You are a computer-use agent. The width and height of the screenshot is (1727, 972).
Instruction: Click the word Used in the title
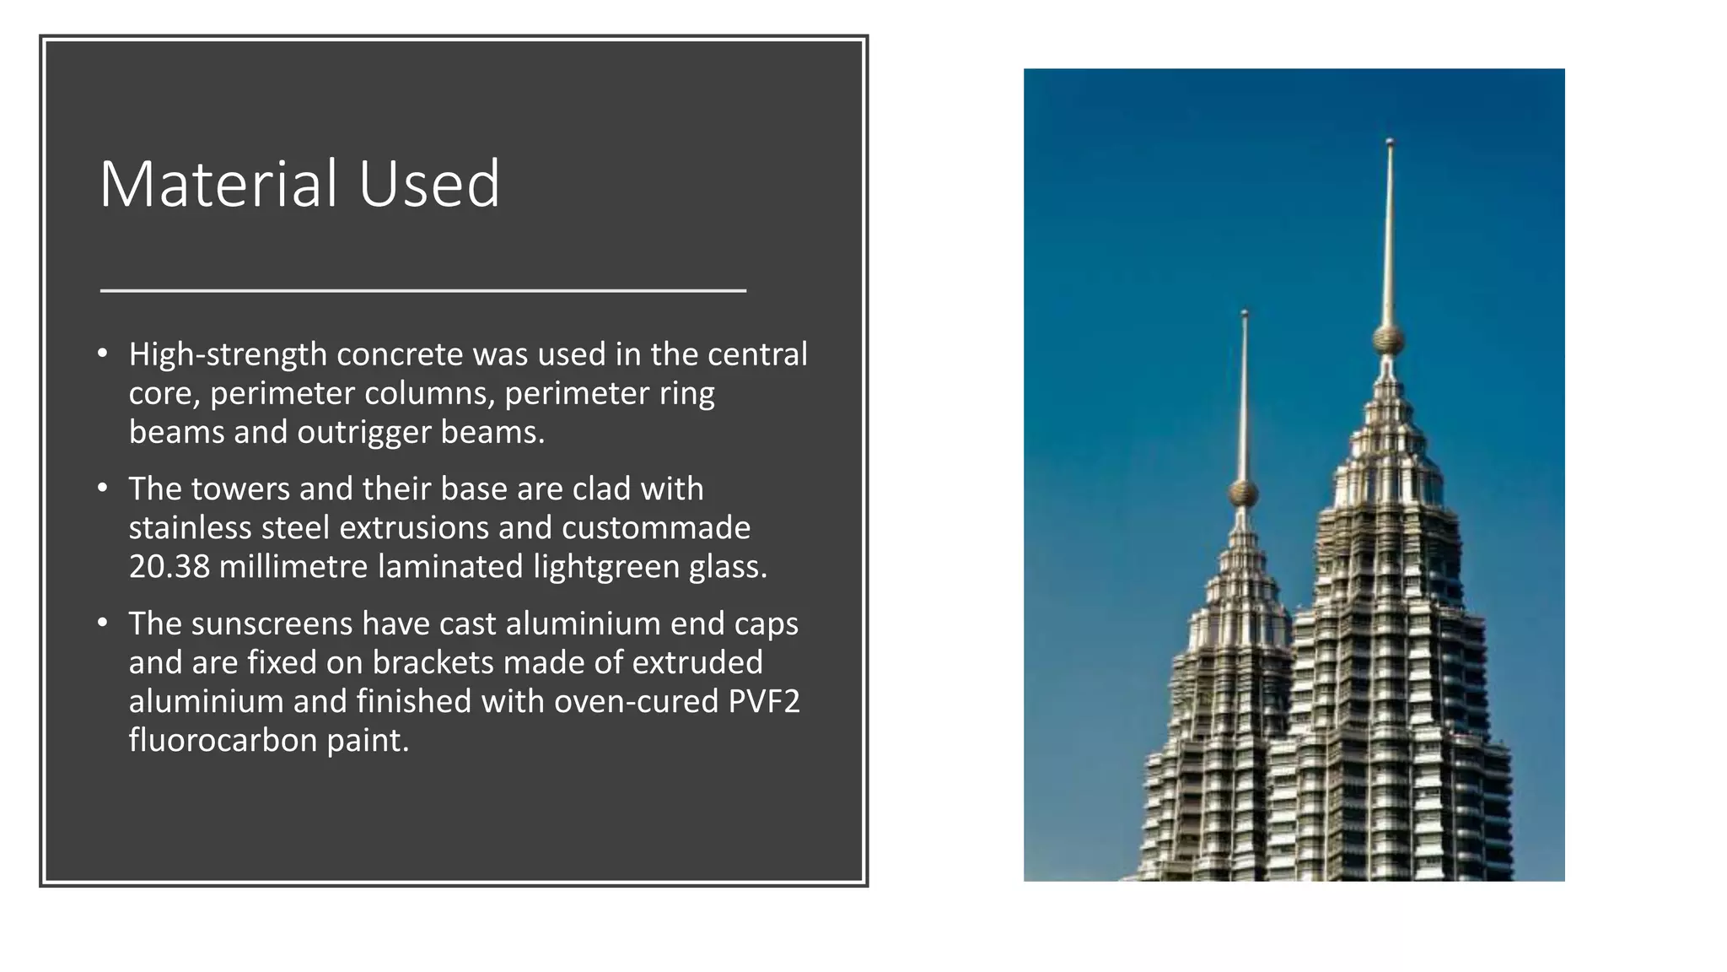pyautogui.click(x=429, y=184)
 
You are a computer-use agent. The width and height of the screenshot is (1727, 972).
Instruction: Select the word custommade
pyautogui.click(x=656, y=527)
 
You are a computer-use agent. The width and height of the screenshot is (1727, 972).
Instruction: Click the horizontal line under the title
pyautogui.click(x=423, y=290)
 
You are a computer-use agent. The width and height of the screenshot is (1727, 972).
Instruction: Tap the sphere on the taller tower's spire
pyautogui.click(x=1388, y=340)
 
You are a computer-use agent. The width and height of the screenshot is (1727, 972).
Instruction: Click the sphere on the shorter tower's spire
pyautogui.click(x=1243, y=493)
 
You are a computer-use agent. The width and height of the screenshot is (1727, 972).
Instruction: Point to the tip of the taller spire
pyautogui.click(x=1390, y=143)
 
